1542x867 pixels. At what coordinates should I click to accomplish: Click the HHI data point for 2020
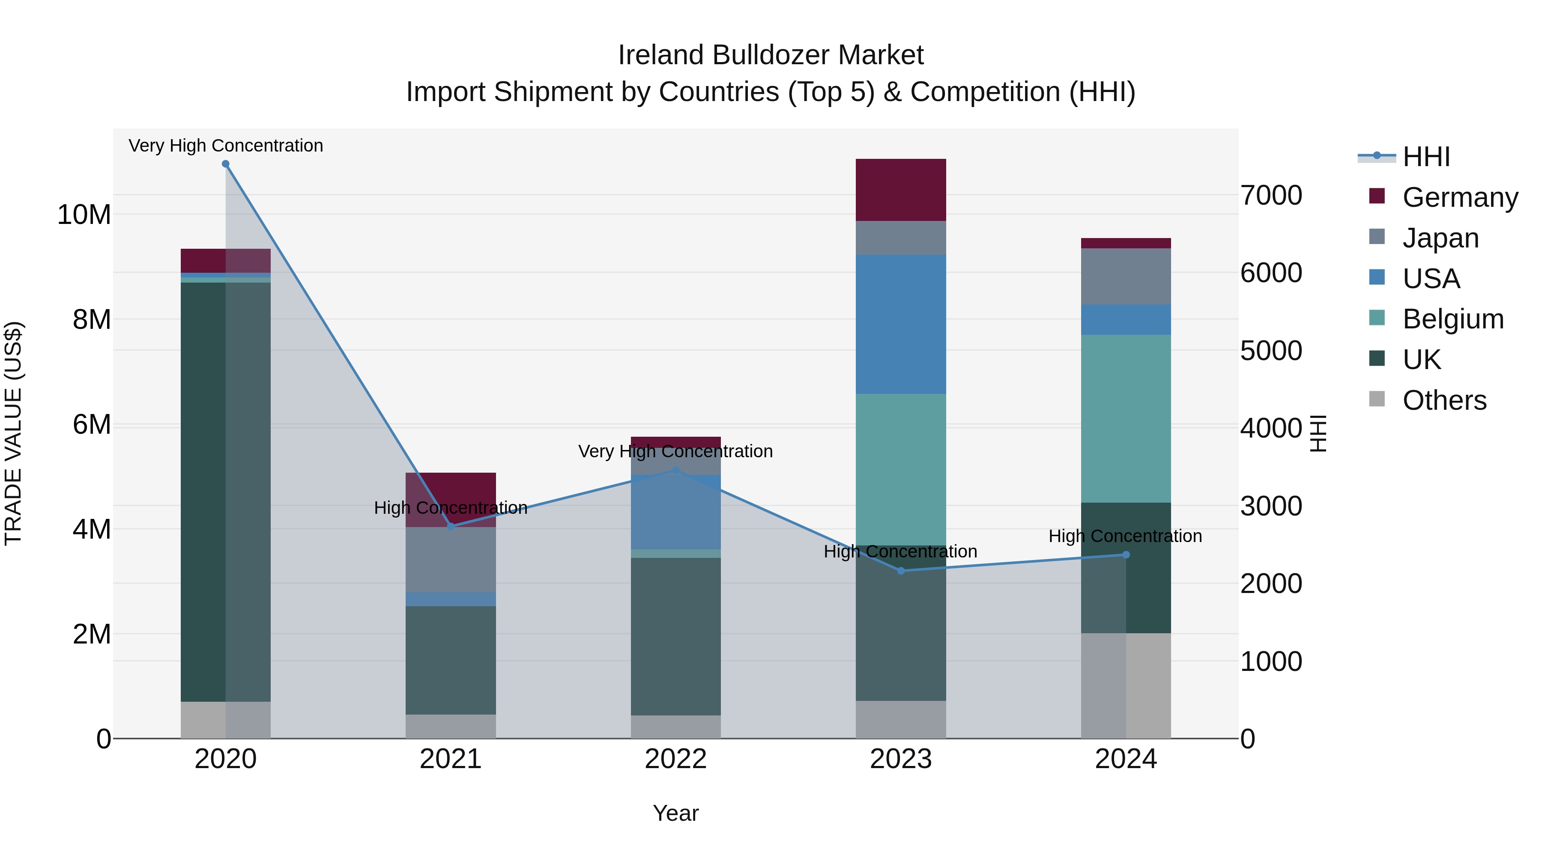coord(226,164)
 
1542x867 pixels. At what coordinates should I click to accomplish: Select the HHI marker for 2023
coord(901,571)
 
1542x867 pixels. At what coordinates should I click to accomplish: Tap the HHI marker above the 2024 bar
coord(1126,554)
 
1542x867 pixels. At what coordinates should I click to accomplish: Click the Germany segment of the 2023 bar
coord(901,190)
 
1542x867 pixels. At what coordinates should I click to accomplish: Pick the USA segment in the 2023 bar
coord(901,324)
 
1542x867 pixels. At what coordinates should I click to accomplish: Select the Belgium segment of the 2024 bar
coord(1126,418)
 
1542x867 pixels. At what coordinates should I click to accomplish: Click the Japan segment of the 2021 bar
coord(451,560)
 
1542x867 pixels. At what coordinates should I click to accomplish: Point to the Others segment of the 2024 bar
coord(1126,686)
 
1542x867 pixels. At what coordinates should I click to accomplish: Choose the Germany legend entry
coord(1459,197)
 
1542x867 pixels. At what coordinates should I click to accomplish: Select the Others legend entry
coord(1444,400)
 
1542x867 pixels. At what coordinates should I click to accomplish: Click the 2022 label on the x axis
coord(676,759)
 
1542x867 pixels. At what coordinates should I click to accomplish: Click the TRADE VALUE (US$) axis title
coord(13,433)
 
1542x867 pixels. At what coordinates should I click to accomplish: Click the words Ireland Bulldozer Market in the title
coord(771,55)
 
